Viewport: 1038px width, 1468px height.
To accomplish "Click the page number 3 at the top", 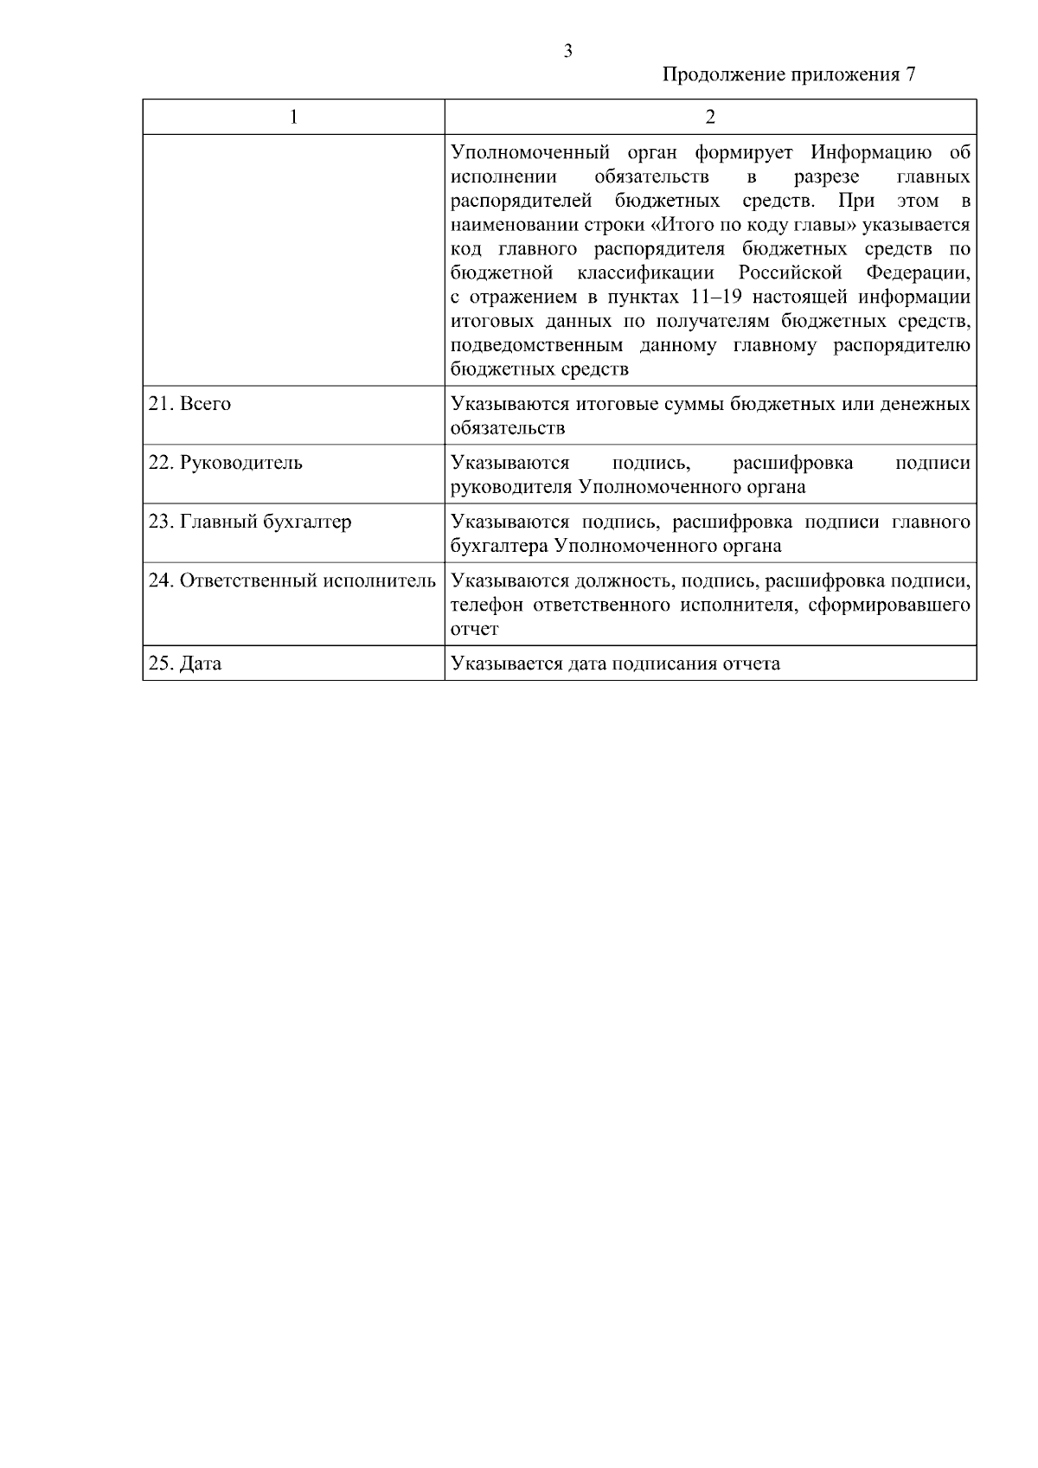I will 567,51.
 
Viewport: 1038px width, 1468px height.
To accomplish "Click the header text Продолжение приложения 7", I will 788,74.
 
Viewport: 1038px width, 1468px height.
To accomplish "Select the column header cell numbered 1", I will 294,117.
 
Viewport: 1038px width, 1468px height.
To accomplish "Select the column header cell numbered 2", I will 710,117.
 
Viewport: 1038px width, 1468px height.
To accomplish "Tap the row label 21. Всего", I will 190,404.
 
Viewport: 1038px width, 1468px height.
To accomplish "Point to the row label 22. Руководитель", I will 226,462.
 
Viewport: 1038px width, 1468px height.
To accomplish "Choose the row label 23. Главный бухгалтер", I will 250,522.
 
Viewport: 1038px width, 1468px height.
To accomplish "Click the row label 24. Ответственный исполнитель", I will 292,580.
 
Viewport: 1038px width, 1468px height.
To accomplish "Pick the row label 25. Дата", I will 185,663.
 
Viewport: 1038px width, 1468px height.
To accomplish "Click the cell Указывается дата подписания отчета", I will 615,663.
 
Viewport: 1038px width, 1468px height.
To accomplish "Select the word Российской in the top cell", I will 791,273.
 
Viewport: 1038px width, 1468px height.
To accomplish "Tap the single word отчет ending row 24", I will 474,629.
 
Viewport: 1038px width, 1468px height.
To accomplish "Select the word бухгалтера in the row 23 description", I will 499,546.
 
